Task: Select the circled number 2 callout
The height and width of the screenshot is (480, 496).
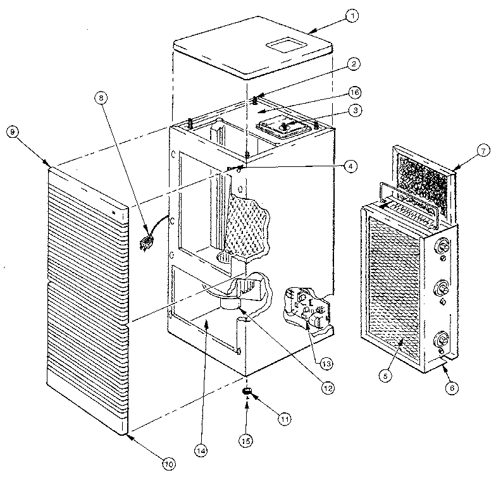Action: click(354, 63)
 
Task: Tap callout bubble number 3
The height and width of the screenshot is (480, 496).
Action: click(357, 110)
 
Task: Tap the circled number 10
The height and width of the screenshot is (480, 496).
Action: click(168, 464)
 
